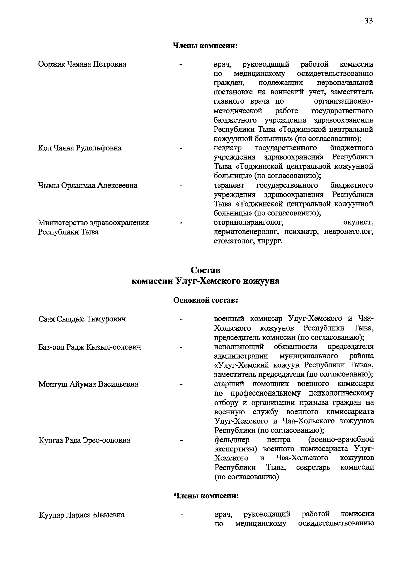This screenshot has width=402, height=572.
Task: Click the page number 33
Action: click(368, 21)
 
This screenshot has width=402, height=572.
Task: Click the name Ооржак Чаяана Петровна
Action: click(82, 64)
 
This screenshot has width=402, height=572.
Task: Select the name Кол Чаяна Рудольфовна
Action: click(80, 148)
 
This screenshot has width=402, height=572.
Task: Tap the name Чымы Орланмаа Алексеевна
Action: click(87, 185)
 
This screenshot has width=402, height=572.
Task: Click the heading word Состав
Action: click(205, 270)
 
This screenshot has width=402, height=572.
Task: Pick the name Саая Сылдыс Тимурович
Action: click(82, 319)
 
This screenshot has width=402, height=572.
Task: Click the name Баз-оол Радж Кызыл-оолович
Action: click(89, 347)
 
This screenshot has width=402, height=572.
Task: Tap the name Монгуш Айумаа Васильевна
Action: click(88, 384)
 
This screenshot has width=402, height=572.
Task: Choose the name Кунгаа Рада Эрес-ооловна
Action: click(84, 440)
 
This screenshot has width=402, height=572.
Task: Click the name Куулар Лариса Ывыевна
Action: click(81, 515)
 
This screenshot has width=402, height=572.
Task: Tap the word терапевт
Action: click(229, 185)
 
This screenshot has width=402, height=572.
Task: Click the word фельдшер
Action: click(231, 439)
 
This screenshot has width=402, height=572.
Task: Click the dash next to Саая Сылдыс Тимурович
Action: click(181, 319)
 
